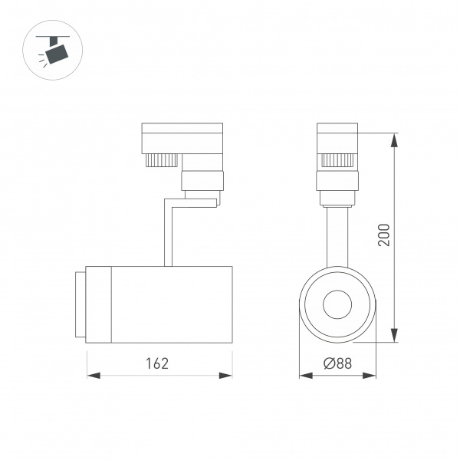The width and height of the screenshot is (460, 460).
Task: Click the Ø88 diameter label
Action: (337, 363)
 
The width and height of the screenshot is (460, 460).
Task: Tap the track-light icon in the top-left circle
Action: (54, 51)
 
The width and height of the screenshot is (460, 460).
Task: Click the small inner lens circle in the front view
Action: (337, 304)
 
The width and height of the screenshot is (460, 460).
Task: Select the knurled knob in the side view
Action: (161, 160)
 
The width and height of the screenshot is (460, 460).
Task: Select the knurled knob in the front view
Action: (337, 160)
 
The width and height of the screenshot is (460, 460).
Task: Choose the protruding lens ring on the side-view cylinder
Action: (80, 304)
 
